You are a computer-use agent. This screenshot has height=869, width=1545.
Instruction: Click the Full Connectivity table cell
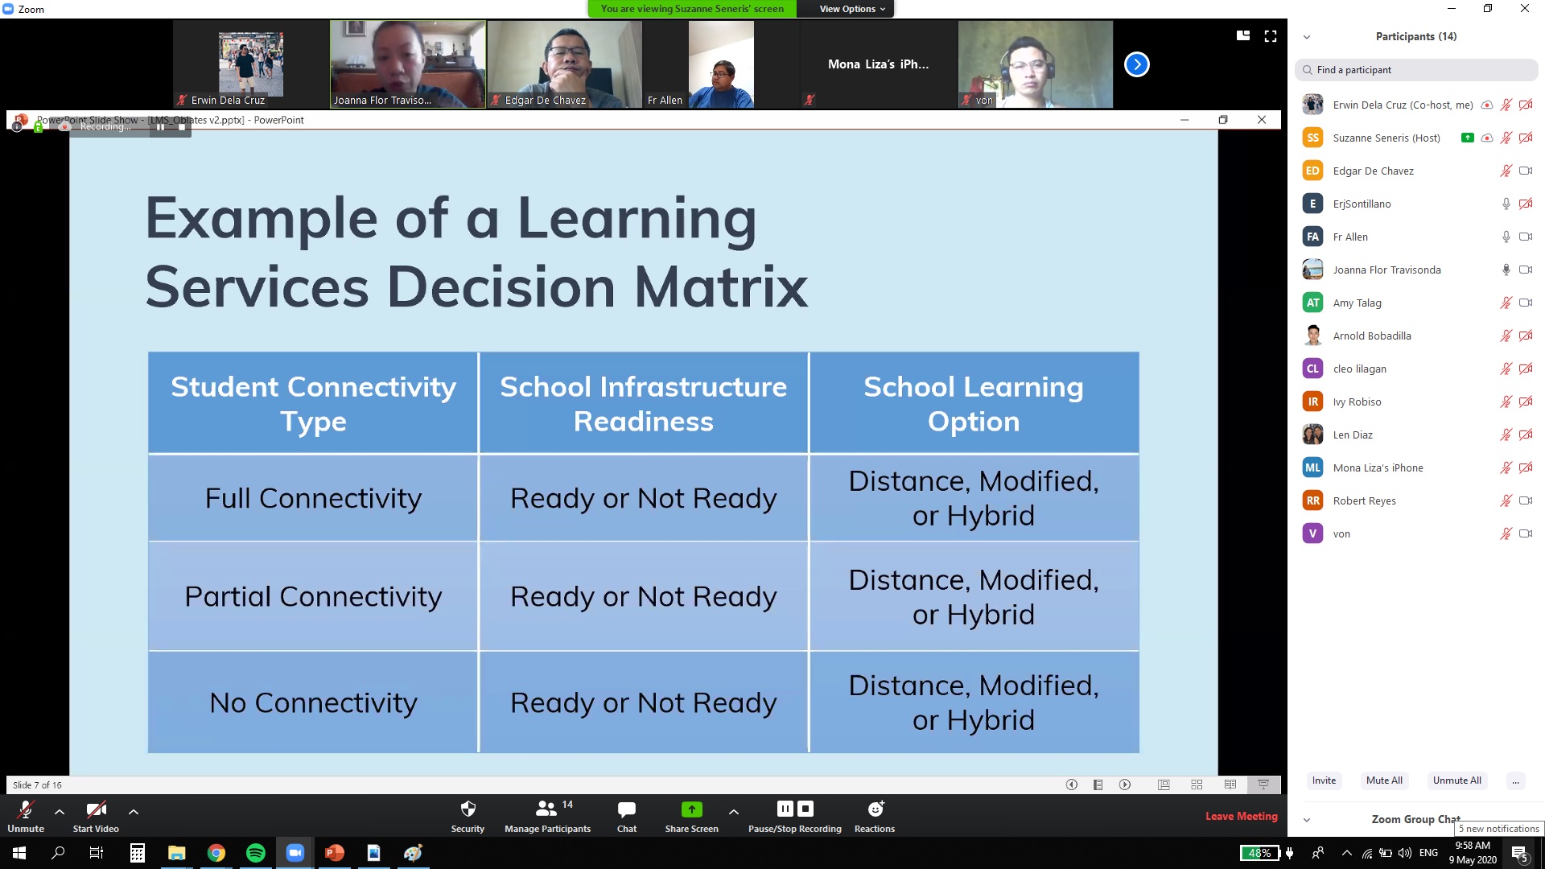coord(313,498)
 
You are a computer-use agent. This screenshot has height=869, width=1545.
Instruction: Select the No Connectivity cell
coord(313,702)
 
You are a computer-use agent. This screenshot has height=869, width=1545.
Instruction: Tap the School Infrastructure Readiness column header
coord(644,403)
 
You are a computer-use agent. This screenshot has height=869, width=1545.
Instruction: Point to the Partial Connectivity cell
coord(313,596)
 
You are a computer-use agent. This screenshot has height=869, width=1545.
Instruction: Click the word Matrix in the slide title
coord(721,286)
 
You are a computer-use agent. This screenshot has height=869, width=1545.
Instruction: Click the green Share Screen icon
coord(691,809)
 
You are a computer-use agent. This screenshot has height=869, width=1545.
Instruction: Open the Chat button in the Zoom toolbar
coord(626,816)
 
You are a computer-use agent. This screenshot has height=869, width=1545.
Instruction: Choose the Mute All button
coord(1384,780)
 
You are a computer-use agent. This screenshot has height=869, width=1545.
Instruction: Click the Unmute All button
coord(1456,780)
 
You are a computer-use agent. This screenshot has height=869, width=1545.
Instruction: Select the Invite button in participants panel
coord(1324,780)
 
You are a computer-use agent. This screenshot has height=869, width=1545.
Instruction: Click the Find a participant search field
coord(1416,70)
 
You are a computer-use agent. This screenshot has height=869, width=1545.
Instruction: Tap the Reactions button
coord(875,816)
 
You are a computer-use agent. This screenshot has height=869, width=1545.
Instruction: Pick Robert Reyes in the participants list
coord(1364,500)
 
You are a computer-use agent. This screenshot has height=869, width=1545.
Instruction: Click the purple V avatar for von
coord(1312,533)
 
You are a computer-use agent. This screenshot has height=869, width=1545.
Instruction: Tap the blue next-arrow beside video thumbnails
coord(1136,64)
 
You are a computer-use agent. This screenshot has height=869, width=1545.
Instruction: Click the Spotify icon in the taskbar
coord(255,853)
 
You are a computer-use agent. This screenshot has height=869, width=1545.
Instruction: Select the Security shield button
coord(468,816)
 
